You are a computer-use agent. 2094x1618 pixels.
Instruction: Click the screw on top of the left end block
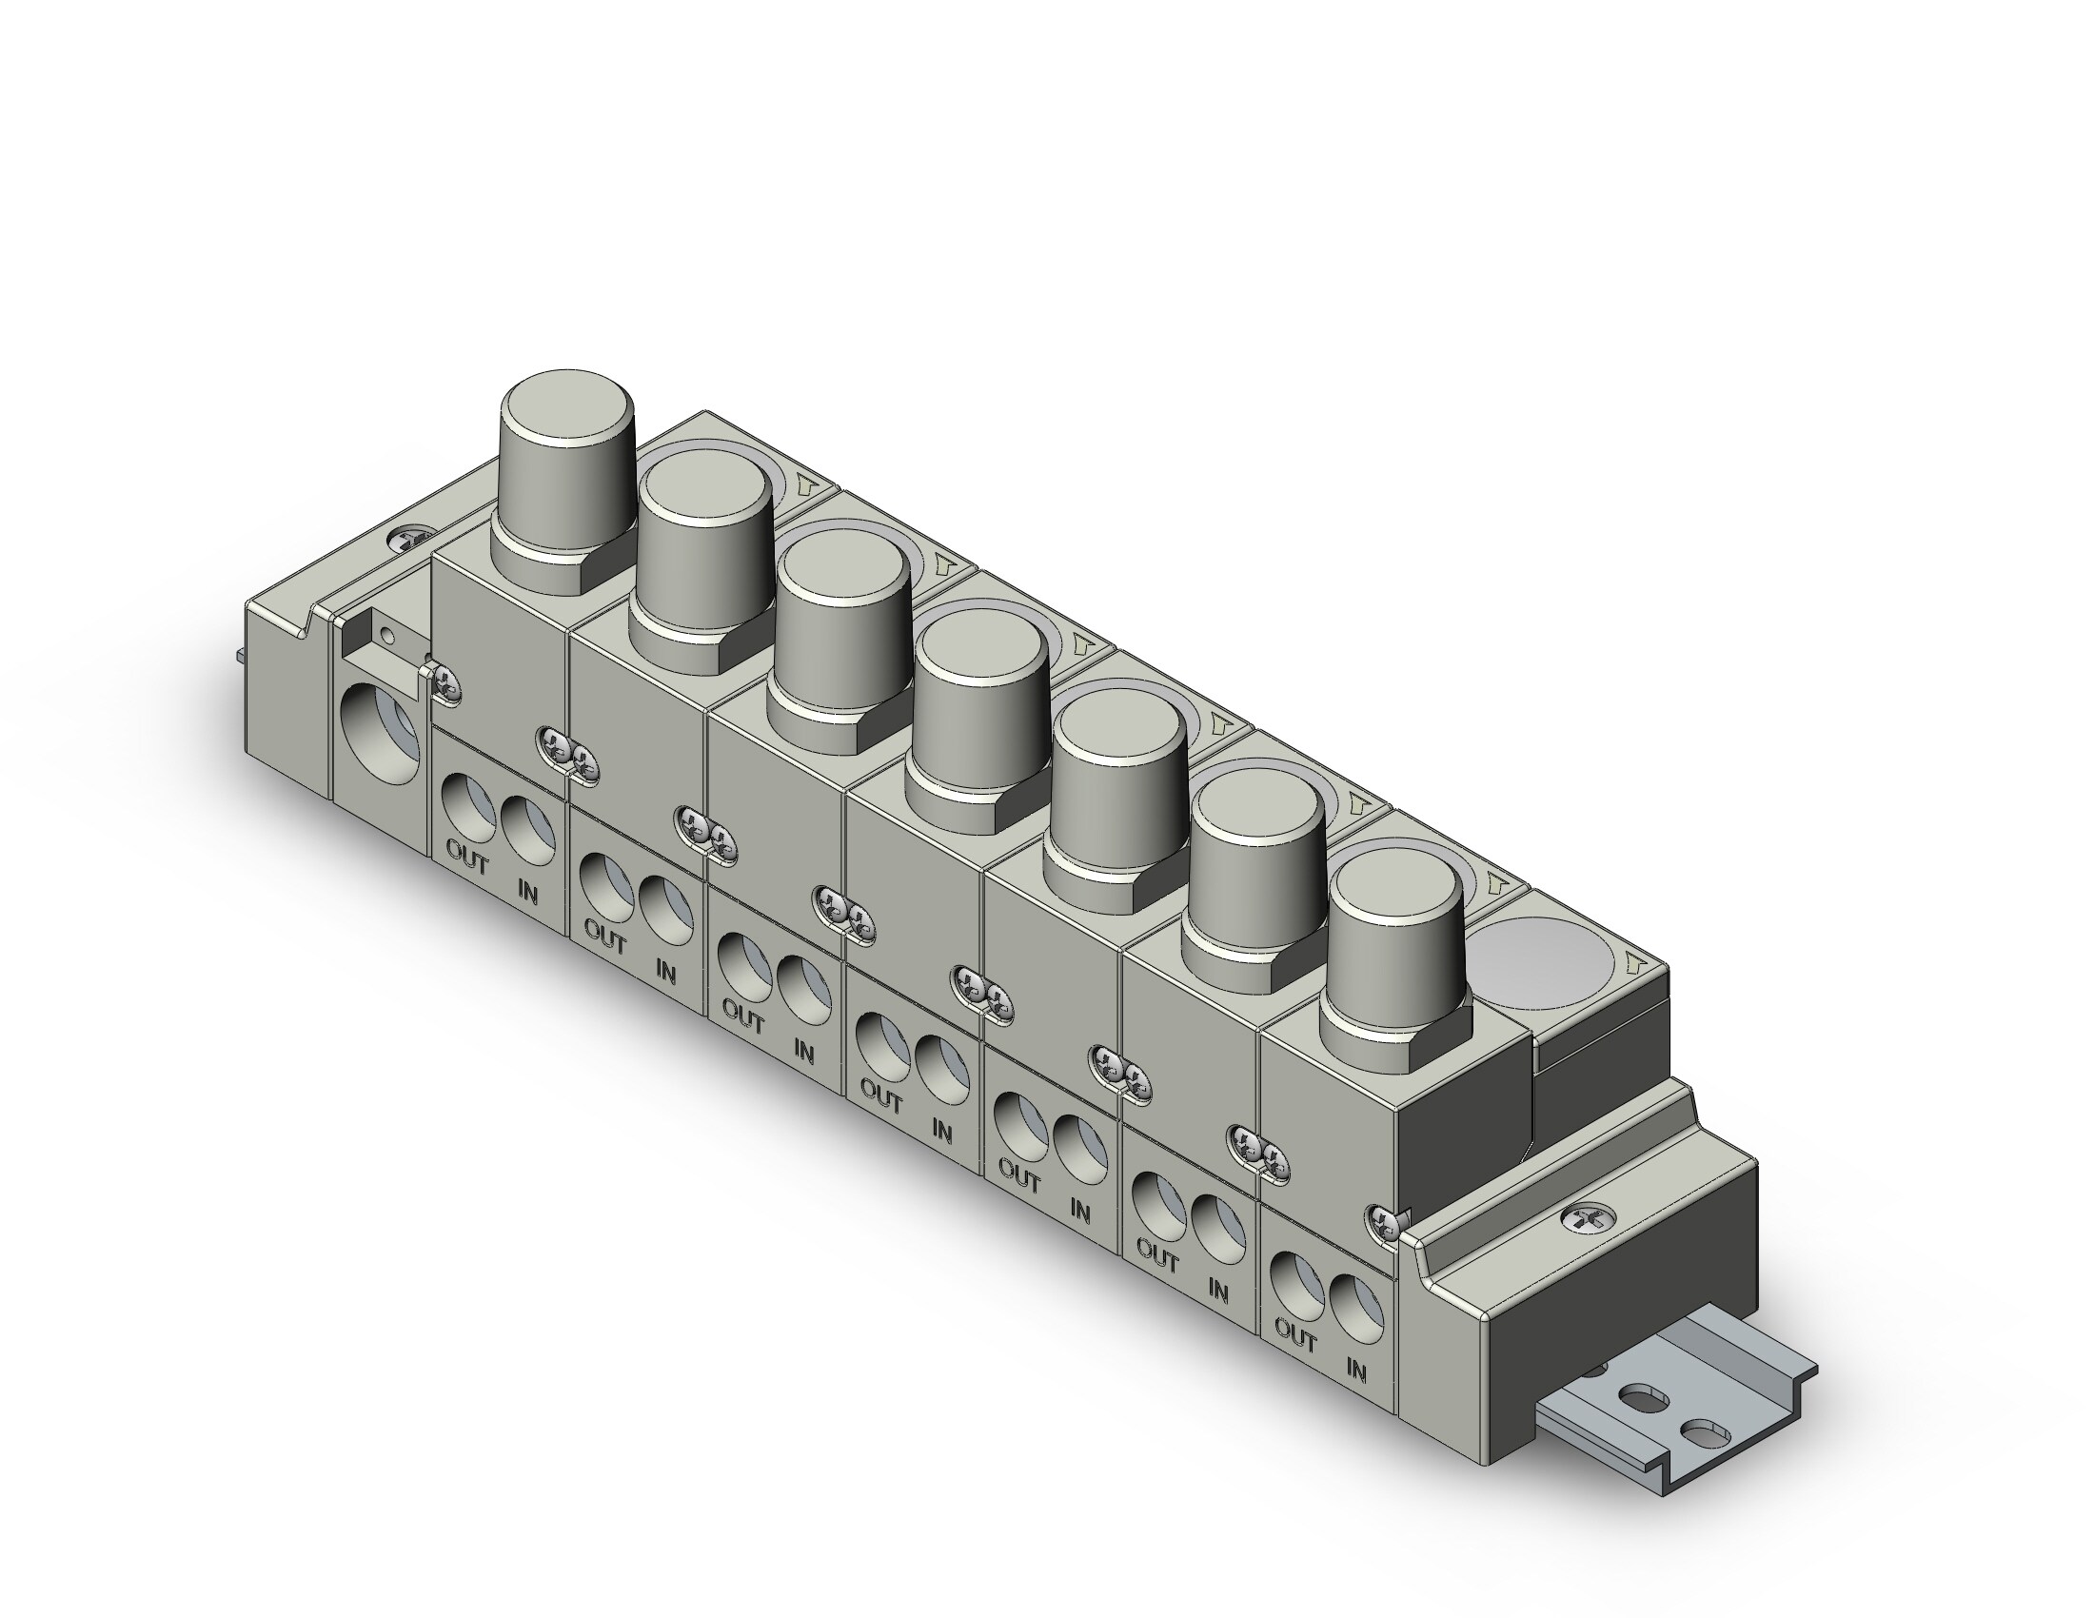click(414, 540)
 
